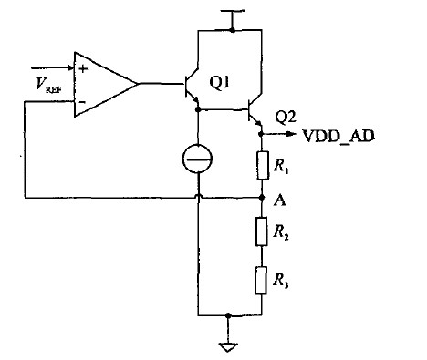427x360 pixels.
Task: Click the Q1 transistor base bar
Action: (183, 84)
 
